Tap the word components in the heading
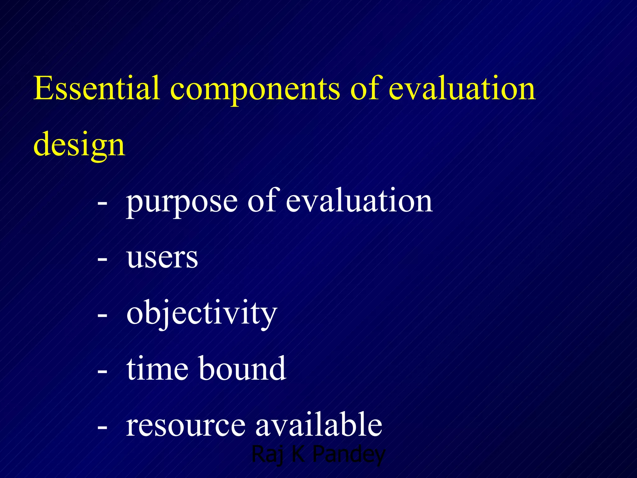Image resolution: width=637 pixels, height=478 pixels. [255, 90]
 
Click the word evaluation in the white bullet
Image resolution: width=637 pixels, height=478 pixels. [359, 201]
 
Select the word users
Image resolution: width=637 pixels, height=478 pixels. [162, 258]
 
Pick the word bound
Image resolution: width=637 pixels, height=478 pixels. [242, 369]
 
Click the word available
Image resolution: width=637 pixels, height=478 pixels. [318, 424]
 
